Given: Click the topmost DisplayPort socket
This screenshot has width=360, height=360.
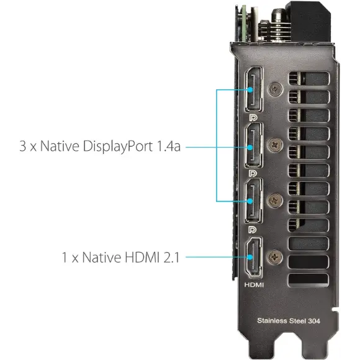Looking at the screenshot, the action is click(254, 89).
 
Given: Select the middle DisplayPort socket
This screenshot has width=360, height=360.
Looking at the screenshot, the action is click(254, 145).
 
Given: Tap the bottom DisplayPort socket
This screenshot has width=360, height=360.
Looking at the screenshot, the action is click(254, 200).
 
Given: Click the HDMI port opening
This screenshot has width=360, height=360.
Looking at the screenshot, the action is click(254, 257).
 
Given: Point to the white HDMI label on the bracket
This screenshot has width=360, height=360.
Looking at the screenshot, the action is click(254, 285).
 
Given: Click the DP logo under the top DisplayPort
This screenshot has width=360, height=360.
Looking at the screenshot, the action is click(253, 117).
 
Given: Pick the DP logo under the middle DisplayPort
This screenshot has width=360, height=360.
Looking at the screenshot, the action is click(253, 173).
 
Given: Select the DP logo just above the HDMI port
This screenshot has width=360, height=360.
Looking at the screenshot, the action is click(253, 230).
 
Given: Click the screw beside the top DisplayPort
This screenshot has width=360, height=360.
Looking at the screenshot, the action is click(275, 89).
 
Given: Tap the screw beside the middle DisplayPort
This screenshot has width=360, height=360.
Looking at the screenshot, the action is click(275, 145).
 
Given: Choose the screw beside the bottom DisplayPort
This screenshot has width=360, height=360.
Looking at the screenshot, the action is click(275, 200).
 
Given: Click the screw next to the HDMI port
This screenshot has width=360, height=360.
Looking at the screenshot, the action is click(275, 257).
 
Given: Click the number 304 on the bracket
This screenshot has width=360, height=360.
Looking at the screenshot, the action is click(314, 321).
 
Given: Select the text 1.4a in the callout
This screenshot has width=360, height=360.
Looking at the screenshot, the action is click(169, 146).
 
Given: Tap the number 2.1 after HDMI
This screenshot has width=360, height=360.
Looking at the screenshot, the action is click(171, 257).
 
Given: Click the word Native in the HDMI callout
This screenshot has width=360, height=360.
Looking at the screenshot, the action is click(101, 257).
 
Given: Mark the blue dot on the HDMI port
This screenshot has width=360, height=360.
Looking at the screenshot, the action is click(250, 257).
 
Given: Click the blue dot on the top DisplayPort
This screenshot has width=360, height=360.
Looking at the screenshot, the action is click(250, 90).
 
